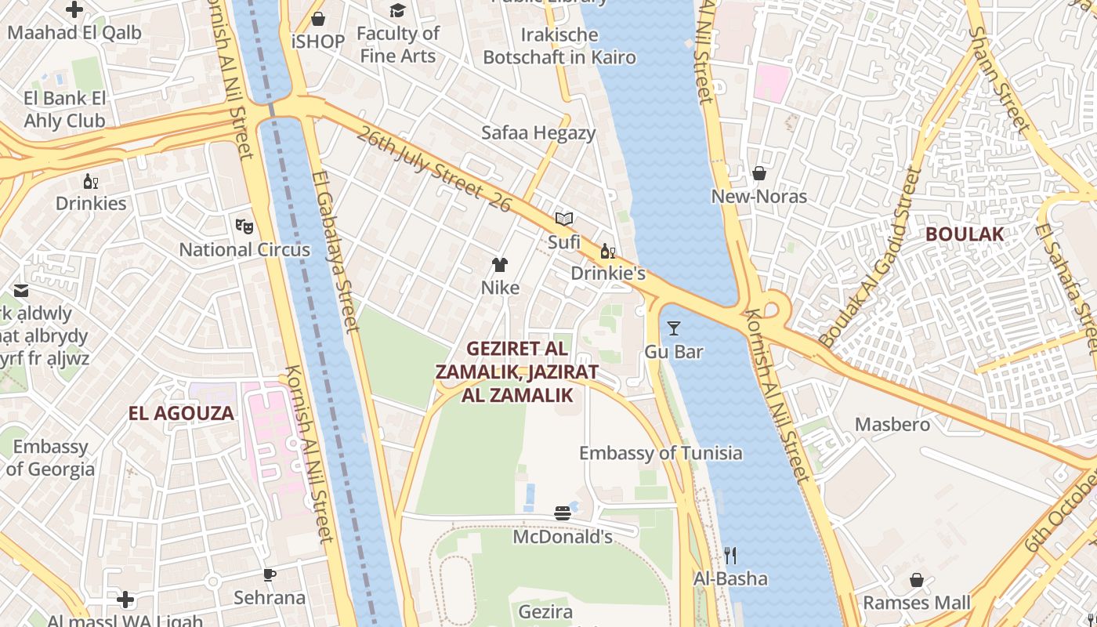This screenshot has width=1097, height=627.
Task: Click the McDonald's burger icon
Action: (x=562, y=513)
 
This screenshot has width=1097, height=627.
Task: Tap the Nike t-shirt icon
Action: (x=500, y=265)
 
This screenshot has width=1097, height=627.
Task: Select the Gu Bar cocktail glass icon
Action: (x=673, y=328)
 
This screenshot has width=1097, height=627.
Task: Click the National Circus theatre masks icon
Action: (x=244, y=227)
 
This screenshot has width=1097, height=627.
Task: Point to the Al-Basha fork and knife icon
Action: (x=730, y=556)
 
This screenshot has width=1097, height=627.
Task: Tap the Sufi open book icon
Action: (x=564, y=219)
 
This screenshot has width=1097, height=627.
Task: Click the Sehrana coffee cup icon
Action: (x=270, y=574)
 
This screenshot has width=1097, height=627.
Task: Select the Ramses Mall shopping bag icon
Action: (x=916, y=580)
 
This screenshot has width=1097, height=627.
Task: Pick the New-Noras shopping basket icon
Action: (x=758, y=173)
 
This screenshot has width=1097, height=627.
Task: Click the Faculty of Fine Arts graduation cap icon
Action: (x=398, y=10)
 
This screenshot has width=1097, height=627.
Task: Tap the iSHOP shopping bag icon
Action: (x=318, y=19)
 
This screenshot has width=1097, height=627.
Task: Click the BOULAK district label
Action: (x=964, y=234)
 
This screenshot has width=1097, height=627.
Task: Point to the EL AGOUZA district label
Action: (x=181, y=413)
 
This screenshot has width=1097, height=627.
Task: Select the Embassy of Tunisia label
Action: (x=661, y=453)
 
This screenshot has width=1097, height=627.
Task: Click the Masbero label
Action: (x=892, y=425)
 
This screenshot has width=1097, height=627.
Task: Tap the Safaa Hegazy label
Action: (x=538, y=132)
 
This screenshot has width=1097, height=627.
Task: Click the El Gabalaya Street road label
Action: (x=335, y=252)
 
